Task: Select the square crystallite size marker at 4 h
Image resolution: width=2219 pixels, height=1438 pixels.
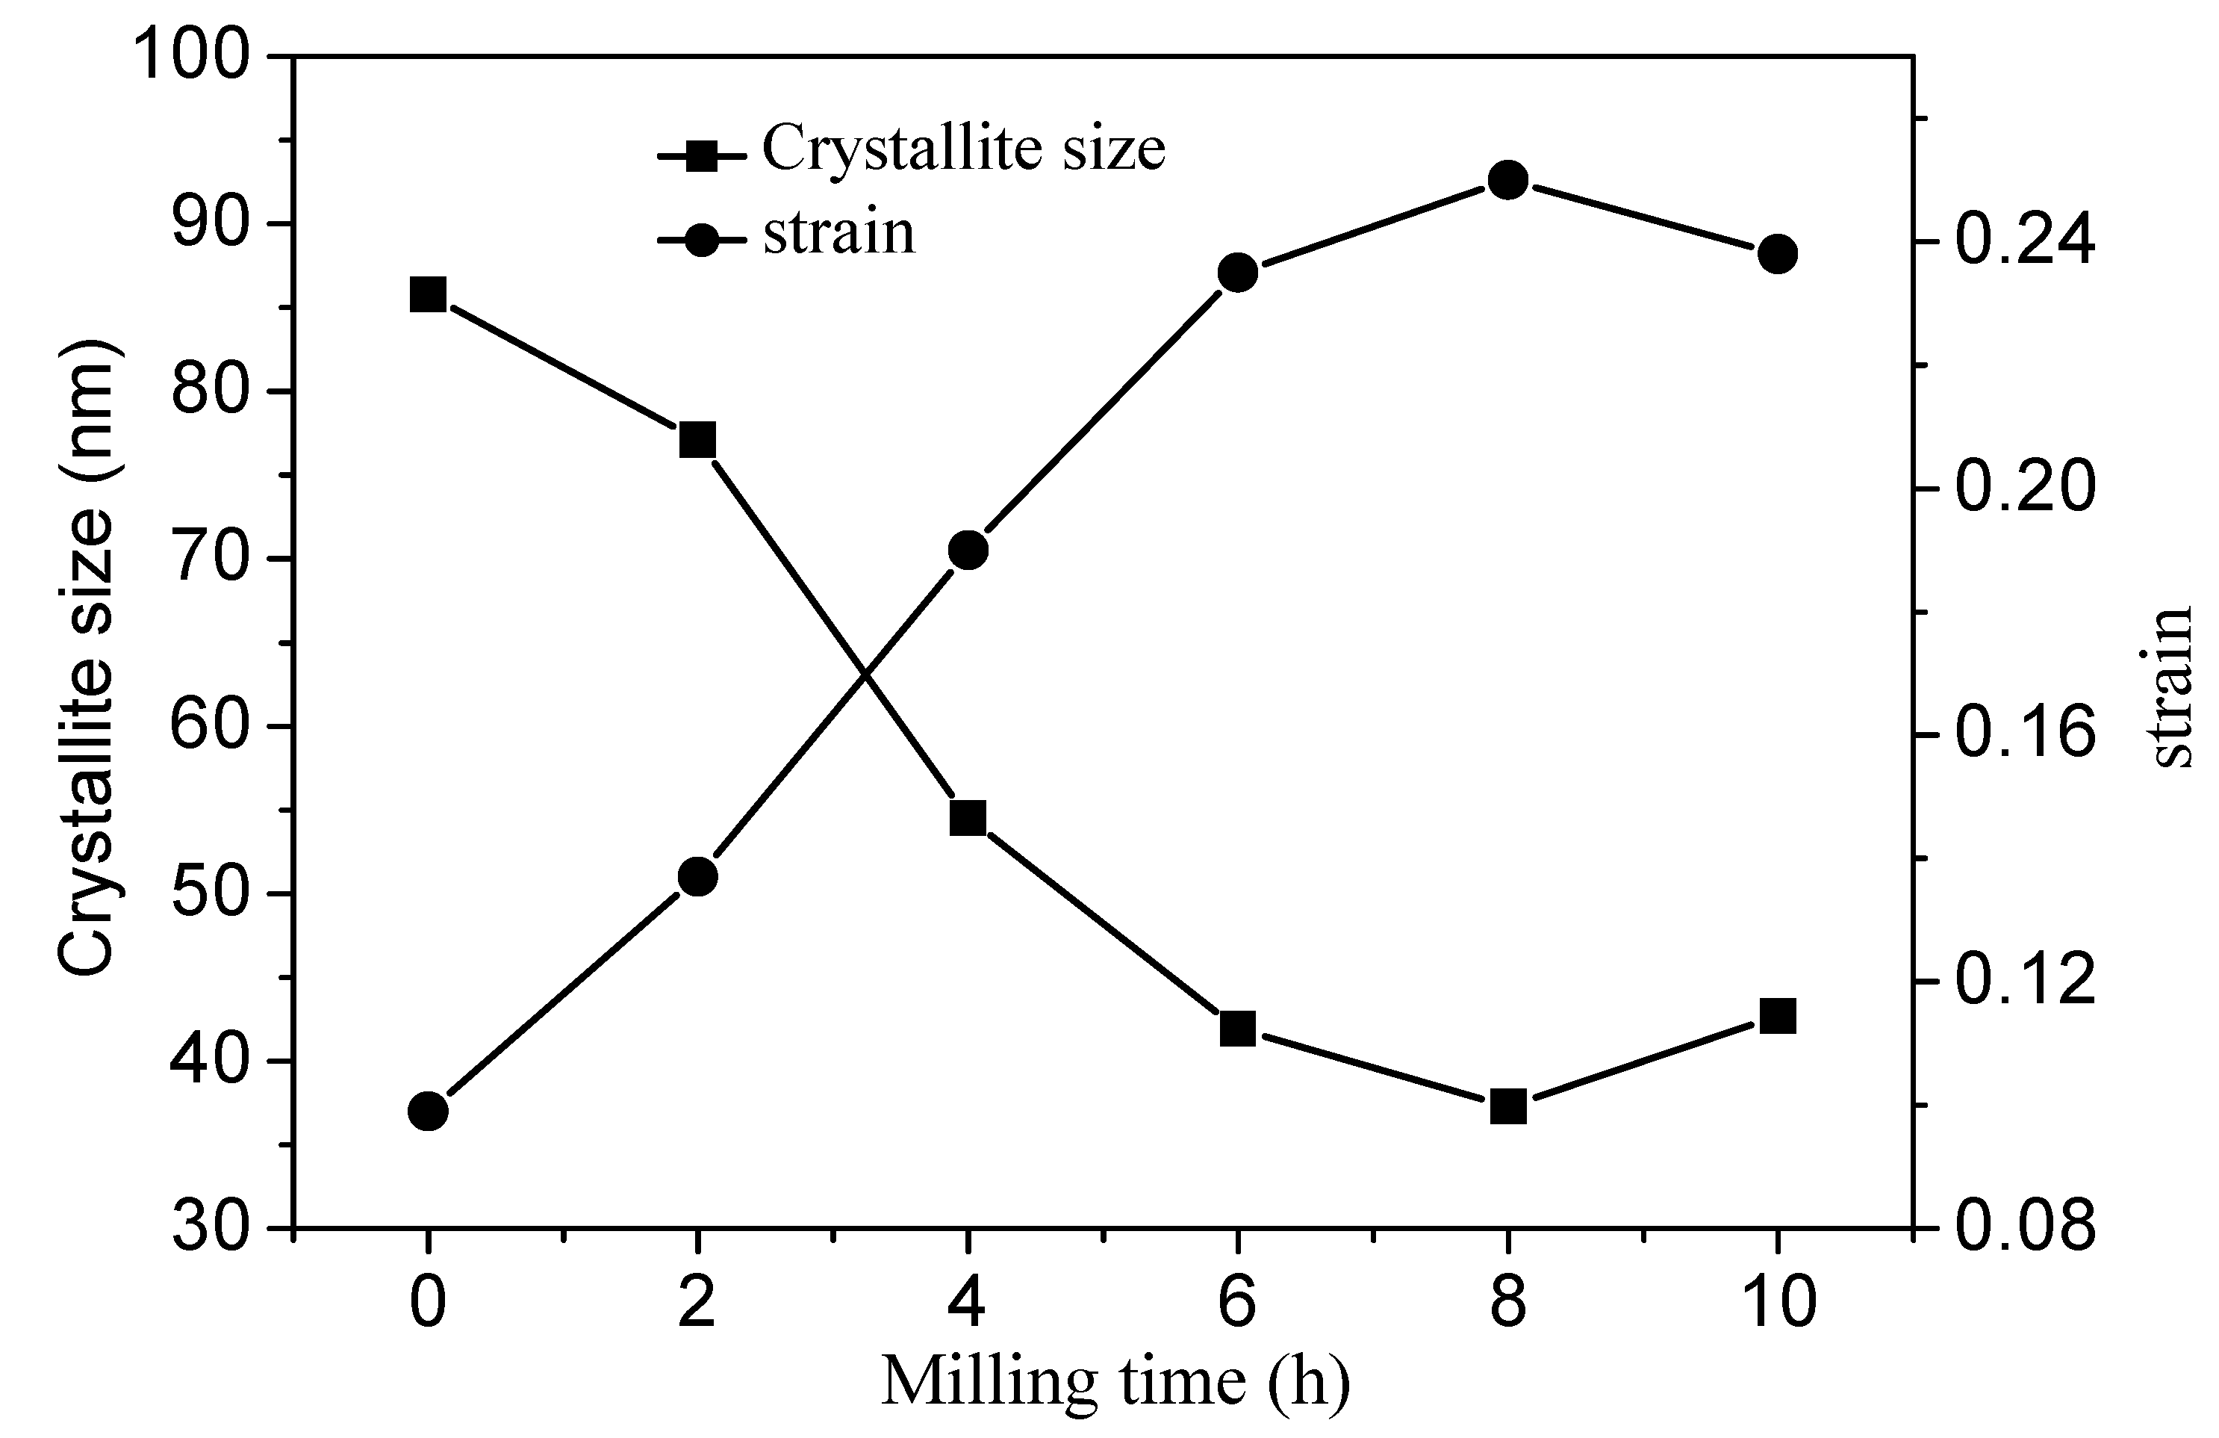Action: pos(968,819)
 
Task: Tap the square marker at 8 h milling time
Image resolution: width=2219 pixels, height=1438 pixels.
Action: pos(1507,1108)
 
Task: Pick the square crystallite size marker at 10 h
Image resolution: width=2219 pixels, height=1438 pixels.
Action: pos(1777,1017)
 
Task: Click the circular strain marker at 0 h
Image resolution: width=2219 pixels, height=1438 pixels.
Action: pos(428,1112)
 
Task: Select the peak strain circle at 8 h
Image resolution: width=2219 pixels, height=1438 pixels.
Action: pos(1507,180)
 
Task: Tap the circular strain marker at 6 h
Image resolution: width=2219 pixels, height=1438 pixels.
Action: pos(1238,273)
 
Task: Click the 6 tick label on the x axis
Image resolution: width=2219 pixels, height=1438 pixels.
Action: pos(1237,1303)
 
